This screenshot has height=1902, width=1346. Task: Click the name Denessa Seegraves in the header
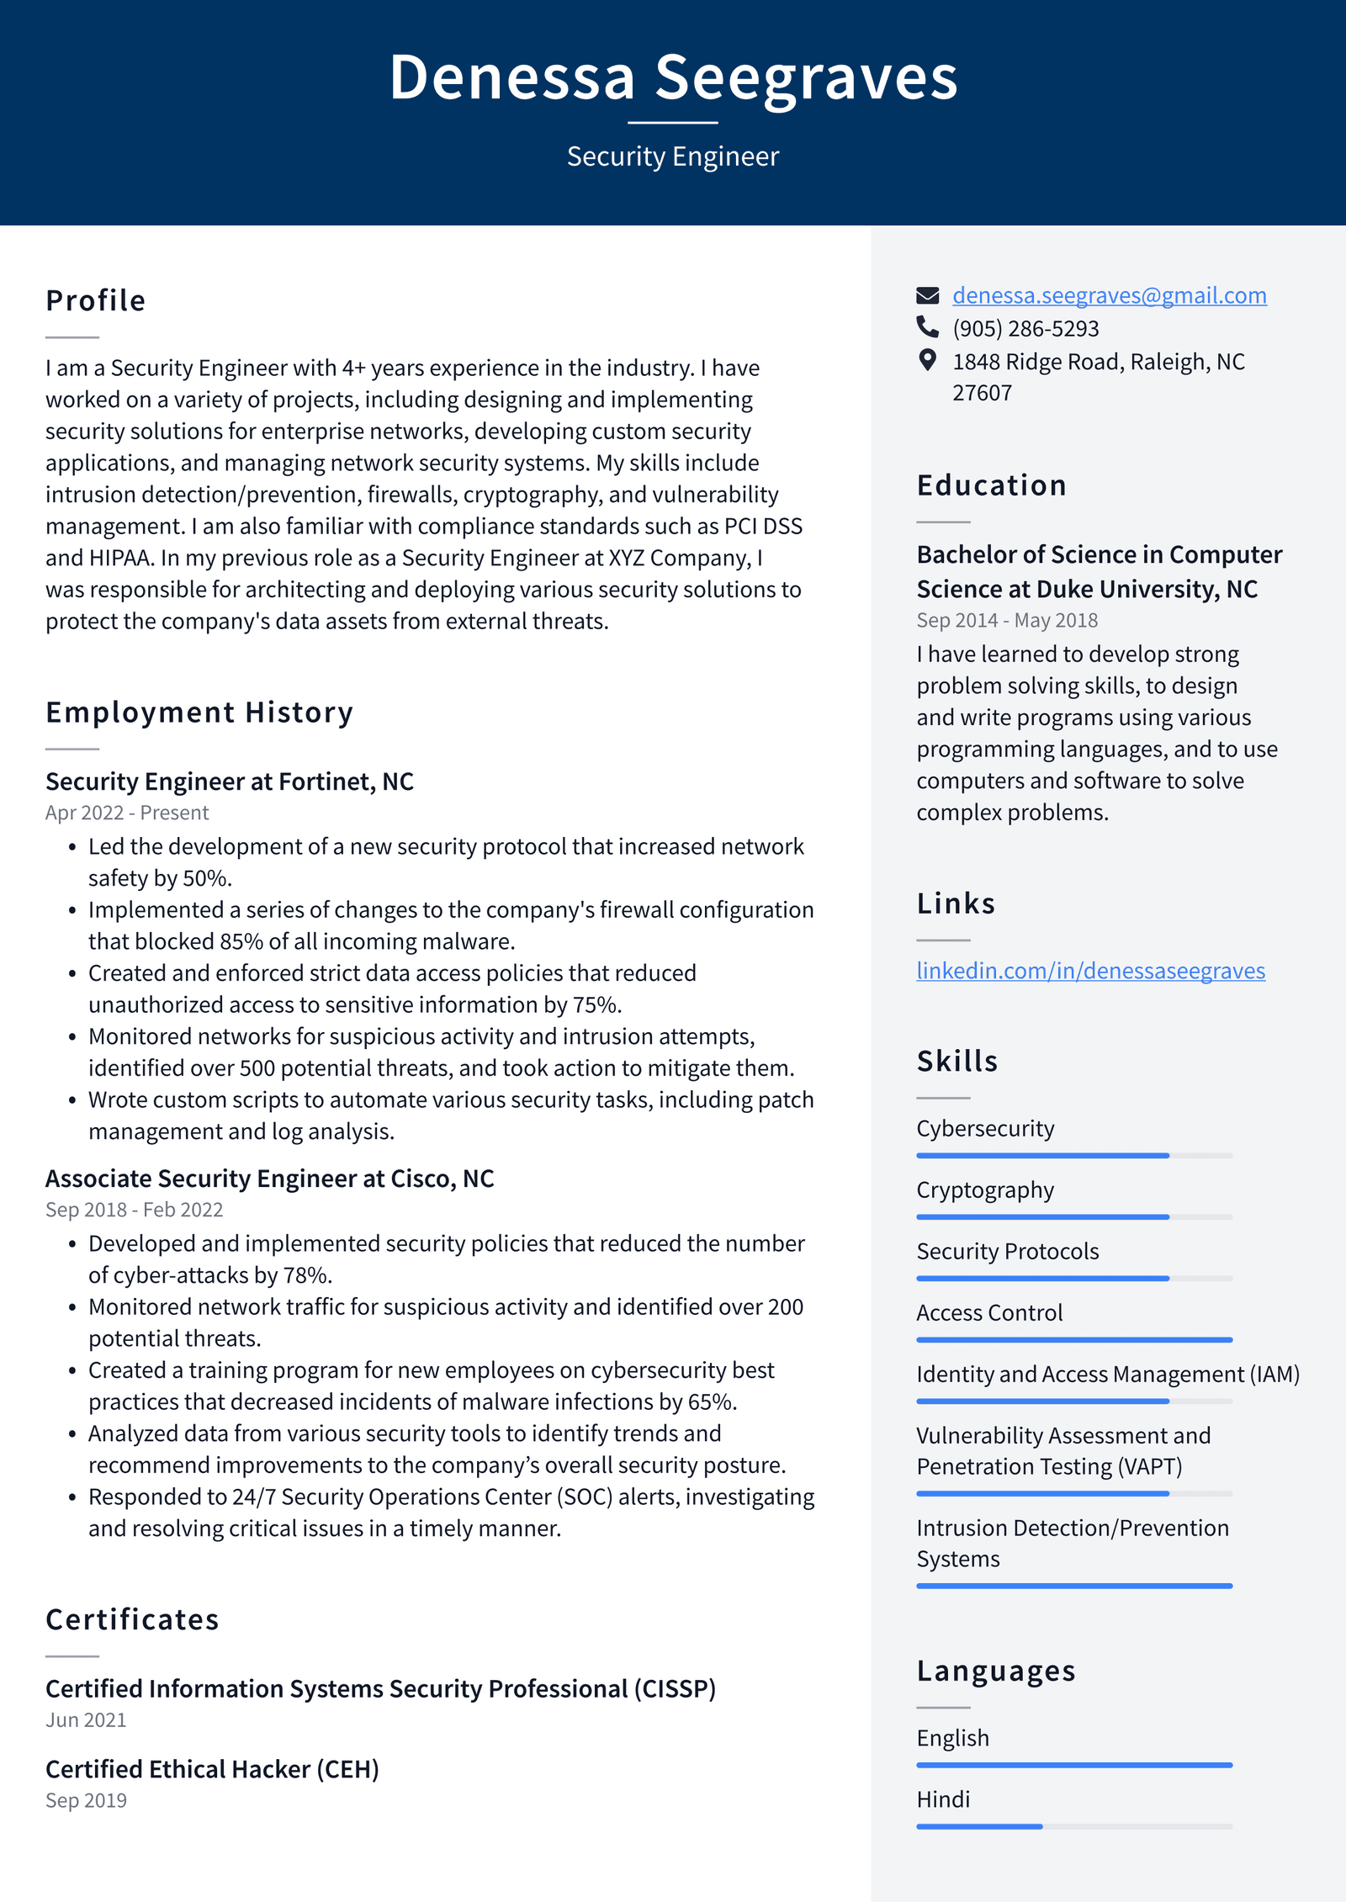tap(673, 77)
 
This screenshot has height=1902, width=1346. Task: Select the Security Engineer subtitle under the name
tap(673, 156)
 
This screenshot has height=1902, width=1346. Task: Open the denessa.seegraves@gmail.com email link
tap(1109, 295)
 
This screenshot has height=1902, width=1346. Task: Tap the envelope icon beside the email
tap(927, 295)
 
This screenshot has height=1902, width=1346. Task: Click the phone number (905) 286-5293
tap(1025, 328)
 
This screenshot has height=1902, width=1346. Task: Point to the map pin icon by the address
tap(927, 361)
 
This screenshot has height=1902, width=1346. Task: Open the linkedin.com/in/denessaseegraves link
tap(1090, 971)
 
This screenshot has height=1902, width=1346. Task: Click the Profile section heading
tap(96, 301)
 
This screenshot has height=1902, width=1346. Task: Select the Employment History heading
tap(199, 713)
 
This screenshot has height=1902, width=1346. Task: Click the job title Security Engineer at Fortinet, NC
tap(230, 781)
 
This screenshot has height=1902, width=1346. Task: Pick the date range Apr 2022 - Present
tap(127, 813)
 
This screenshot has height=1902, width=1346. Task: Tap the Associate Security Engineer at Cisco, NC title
tap(269, 1179)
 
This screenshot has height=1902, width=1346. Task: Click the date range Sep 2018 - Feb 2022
tap(134, 1210)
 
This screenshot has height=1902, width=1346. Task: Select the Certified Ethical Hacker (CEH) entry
tap(212, 1769)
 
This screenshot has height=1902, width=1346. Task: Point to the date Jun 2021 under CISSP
tap(86, 1720)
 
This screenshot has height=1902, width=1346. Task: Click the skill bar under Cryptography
tap(1073, 1217)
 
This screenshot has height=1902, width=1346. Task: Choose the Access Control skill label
tap(989, 1312)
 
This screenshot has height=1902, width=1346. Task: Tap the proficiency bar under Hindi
tap(1073, 1826)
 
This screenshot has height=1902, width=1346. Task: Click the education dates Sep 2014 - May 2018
tap(1007, 620)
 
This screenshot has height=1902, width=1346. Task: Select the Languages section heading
tap(996, 1671)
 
